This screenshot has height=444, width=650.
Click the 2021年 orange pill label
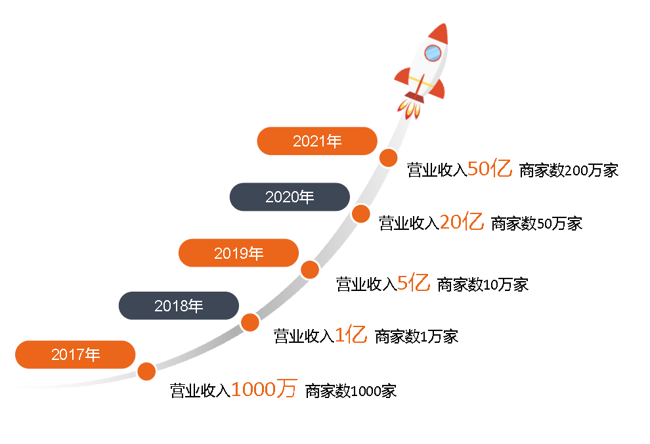[x=317, y=141]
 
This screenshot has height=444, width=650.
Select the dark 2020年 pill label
[x=290, y=197]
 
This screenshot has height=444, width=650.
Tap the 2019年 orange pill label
[x=238, y=253]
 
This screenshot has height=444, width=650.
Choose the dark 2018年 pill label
[x=179, y=305]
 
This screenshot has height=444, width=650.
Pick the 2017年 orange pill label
[x=75, y=355]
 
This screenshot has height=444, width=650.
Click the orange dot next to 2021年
[x=389, y=158]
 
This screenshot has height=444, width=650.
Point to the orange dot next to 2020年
[x=360, y=214]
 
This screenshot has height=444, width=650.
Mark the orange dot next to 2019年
[x=310, y=270]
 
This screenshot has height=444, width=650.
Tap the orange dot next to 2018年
[x=250, y=322]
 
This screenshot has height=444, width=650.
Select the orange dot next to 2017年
[x=146, y=371]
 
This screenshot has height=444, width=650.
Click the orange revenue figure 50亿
[x=490, y=168]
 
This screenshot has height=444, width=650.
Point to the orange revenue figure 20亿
[x=462, y=221]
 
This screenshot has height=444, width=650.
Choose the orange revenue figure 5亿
[x=413, y=282]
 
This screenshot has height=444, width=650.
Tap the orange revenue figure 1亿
[x=351, y=334]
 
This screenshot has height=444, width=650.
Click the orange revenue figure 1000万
[x=264, y=389]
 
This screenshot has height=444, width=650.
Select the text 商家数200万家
[x=569, y=170]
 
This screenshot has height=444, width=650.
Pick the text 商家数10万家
[x=483, y=285]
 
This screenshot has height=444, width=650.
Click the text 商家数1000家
[x=351, y=391]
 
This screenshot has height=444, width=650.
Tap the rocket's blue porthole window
[x=433, y=53]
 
